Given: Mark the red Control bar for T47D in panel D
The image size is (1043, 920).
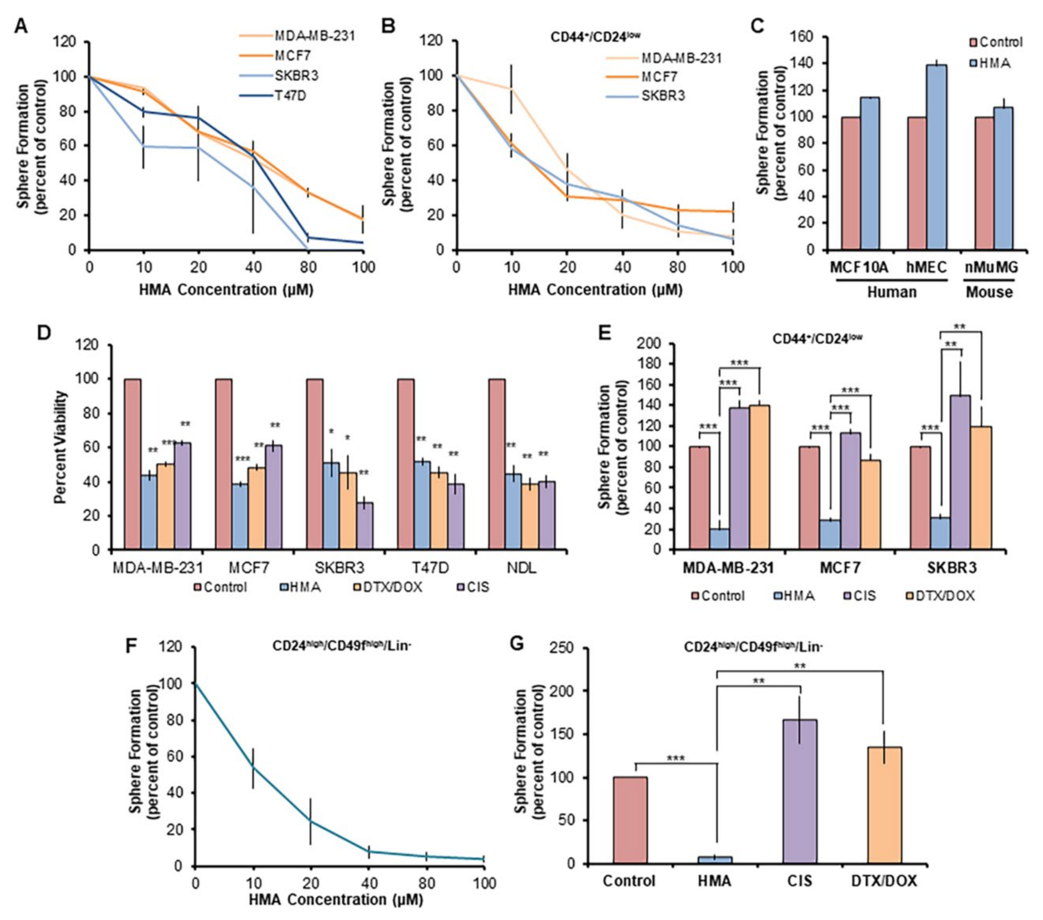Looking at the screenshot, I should pos(406,464).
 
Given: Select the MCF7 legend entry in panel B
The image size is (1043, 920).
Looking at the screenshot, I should pos(662,77).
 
